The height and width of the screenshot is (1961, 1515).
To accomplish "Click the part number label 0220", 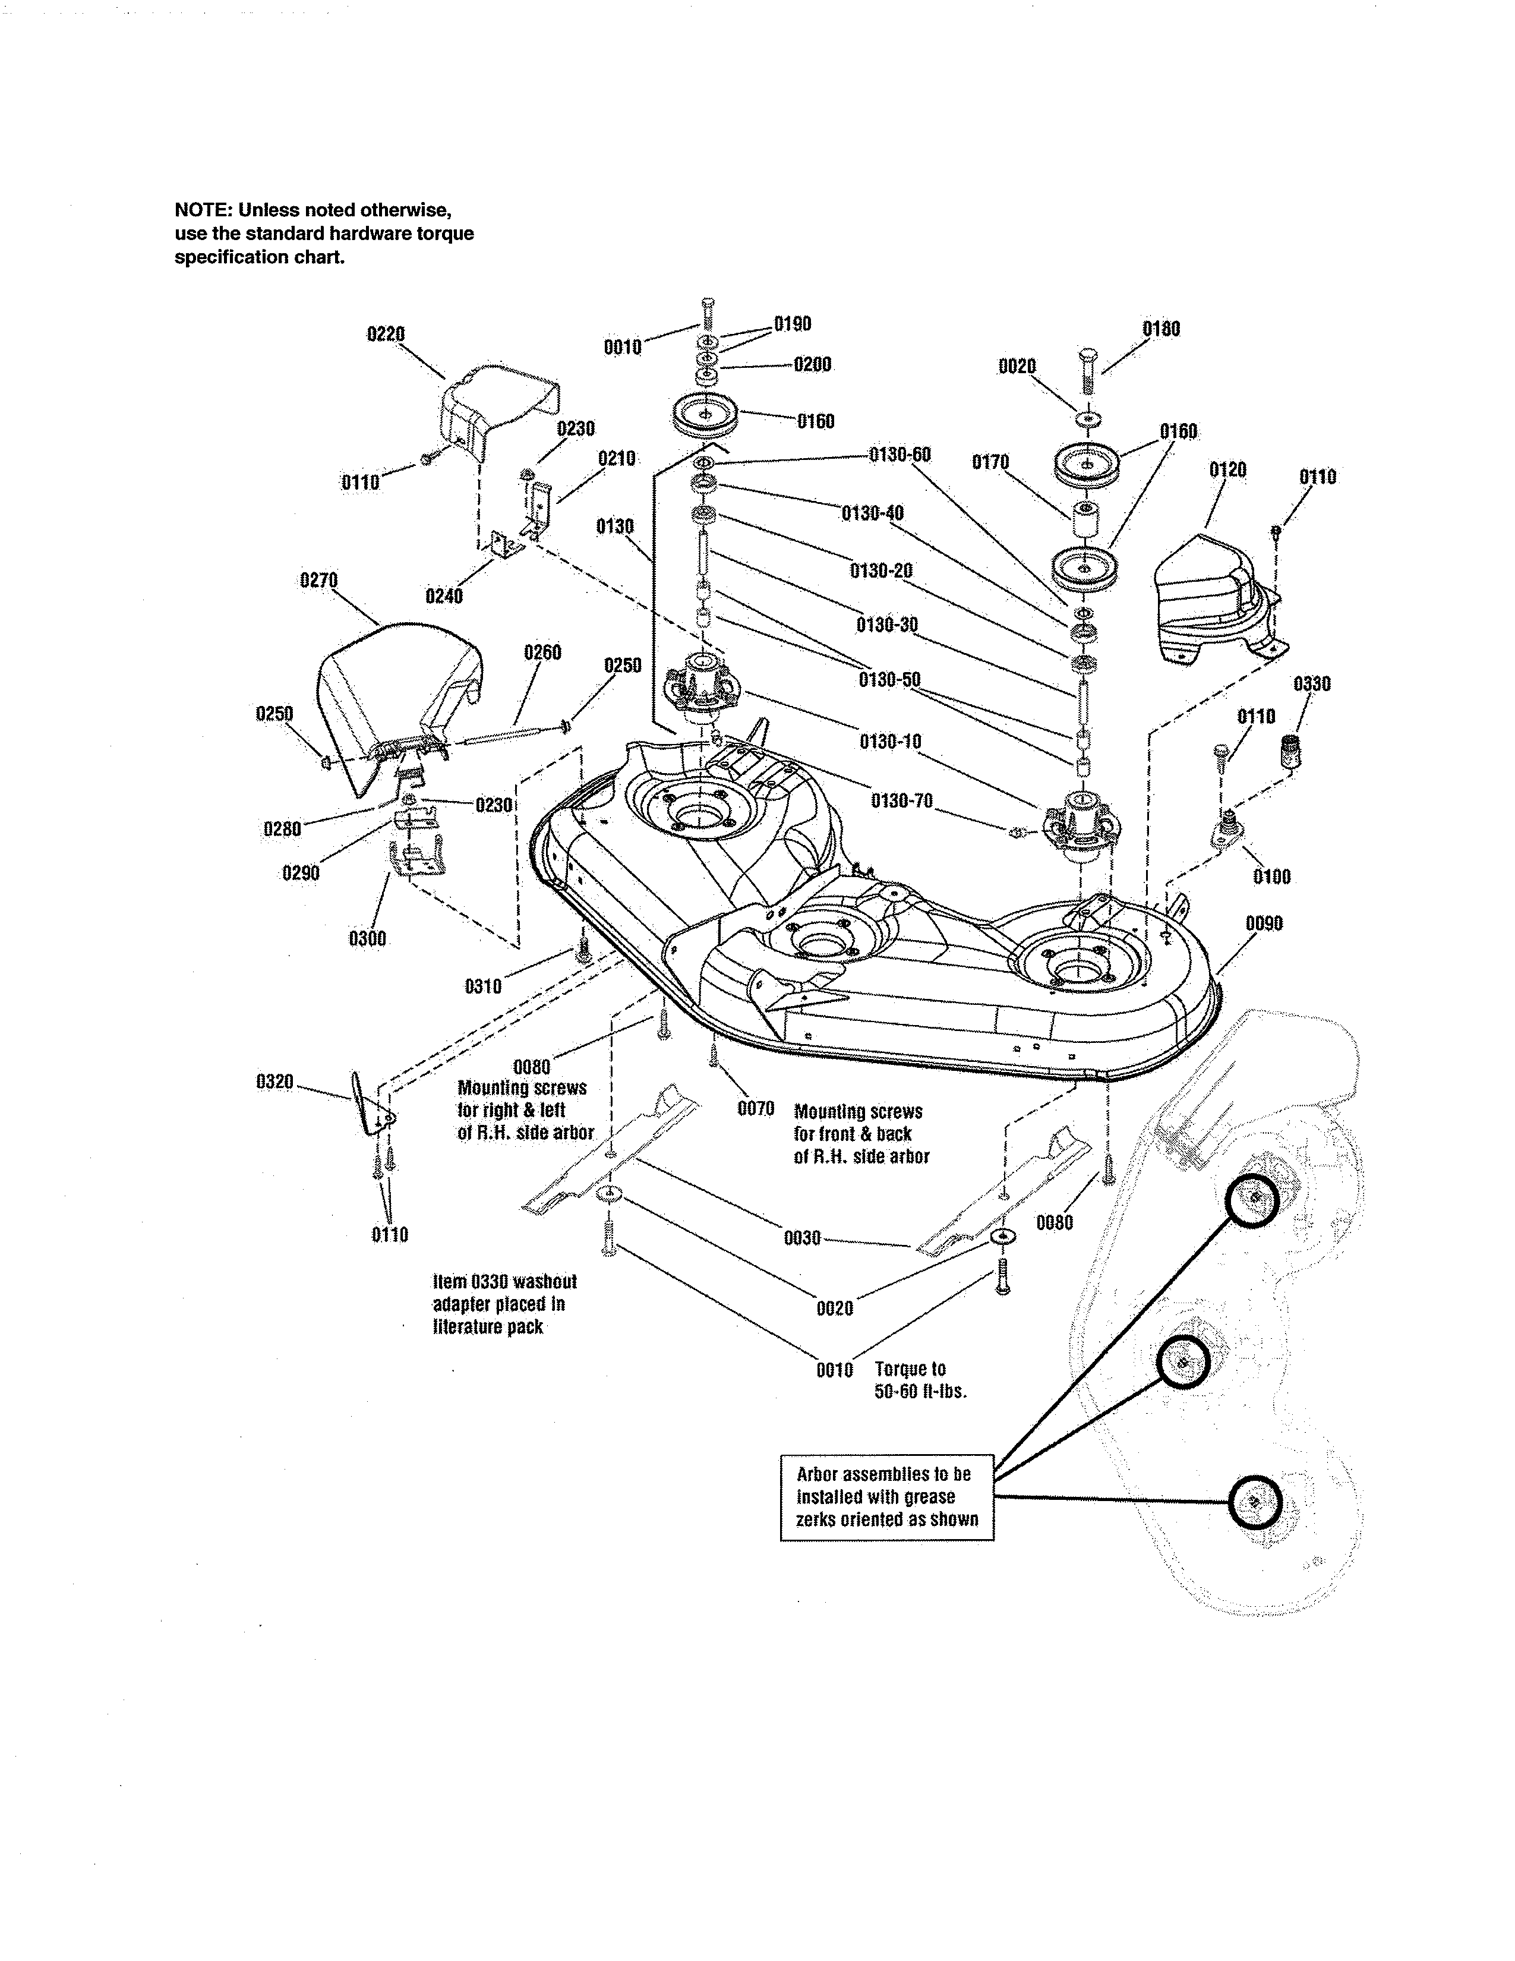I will tap(386, 334).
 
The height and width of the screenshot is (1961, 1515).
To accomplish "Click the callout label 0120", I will tap(1227, 469).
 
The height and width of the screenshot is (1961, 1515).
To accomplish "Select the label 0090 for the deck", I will tap(1264, 923).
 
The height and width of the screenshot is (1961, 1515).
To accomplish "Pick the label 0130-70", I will tap(901, 799).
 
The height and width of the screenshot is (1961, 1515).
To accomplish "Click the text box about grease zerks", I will tap(887, 1497).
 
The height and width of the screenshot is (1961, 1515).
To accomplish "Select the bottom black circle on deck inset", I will tap(1254, 1501).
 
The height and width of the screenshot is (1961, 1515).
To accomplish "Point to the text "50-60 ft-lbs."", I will tap(920, 1393).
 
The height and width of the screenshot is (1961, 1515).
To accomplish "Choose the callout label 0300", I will tap(367, 938).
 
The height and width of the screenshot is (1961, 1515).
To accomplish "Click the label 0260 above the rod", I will tap(542, 652).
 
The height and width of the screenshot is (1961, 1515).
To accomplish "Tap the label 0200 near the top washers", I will tap(812, 364).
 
